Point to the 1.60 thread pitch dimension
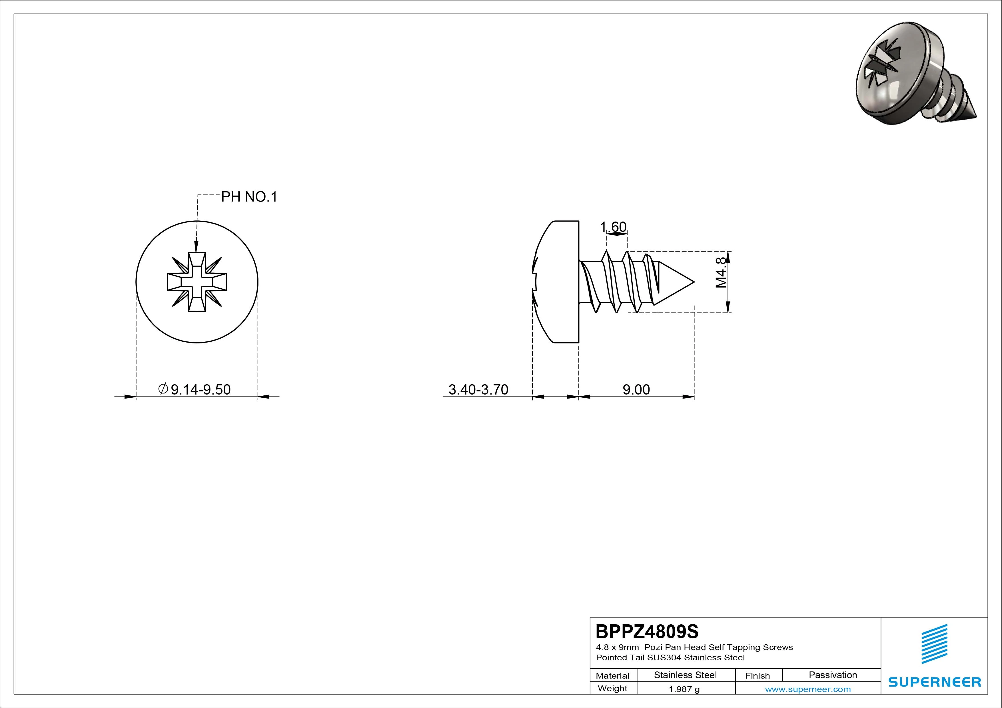pyautogui.click(x=613, y=227)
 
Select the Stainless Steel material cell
pyautogui.click(x=685, y=675)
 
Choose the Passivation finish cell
pyautogui.click(x=833, y=675)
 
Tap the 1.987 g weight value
pyautogui.click(x=684, y=689)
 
